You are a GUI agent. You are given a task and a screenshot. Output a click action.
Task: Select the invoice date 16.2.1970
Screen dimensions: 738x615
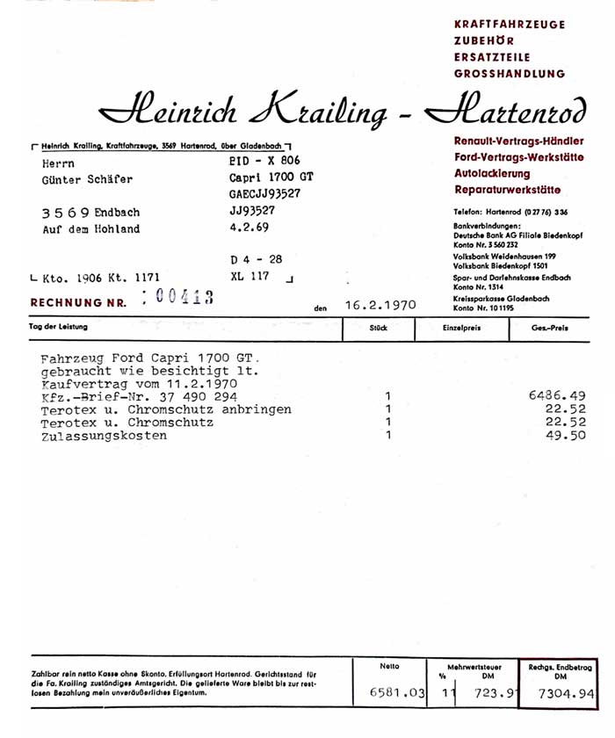380,307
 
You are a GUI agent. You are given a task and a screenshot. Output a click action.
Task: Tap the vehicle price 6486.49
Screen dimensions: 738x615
560,396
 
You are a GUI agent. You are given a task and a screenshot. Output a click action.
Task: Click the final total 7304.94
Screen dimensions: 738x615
561,694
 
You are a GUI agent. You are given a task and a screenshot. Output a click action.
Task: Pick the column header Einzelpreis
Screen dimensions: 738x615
461,327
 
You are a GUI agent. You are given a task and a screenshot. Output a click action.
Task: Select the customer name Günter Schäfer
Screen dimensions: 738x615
87,179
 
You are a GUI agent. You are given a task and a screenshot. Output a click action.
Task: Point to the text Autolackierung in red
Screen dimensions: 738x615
492,174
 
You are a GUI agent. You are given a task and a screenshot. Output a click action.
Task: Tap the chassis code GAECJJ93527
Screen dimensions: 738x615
264,194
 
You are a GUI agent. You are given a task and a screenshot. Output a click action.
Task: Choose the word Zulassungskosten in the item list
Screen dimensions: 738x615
104,436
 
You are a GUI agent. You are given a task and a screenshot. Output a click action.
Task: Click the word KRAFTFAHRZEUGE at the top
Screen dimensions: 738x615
510,24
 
